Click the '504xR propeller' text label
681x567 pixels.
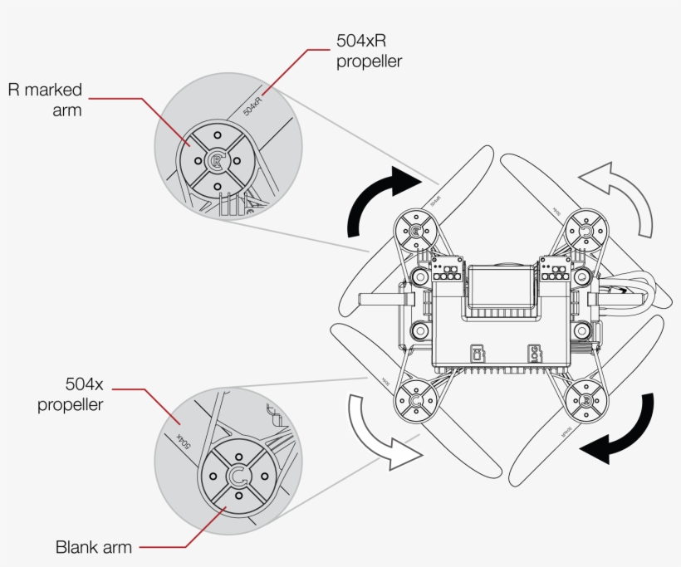(369, 51)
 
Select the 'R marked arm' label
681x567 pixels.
(45, 99)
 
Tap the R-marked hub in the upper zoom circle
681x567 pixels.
(216, 161)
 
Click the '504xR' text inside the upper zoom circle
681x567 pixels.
(253, 105)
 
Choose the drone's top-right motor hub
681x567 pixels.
(586, 231)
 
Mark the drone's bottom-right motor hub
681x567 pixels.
(586, 402)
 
